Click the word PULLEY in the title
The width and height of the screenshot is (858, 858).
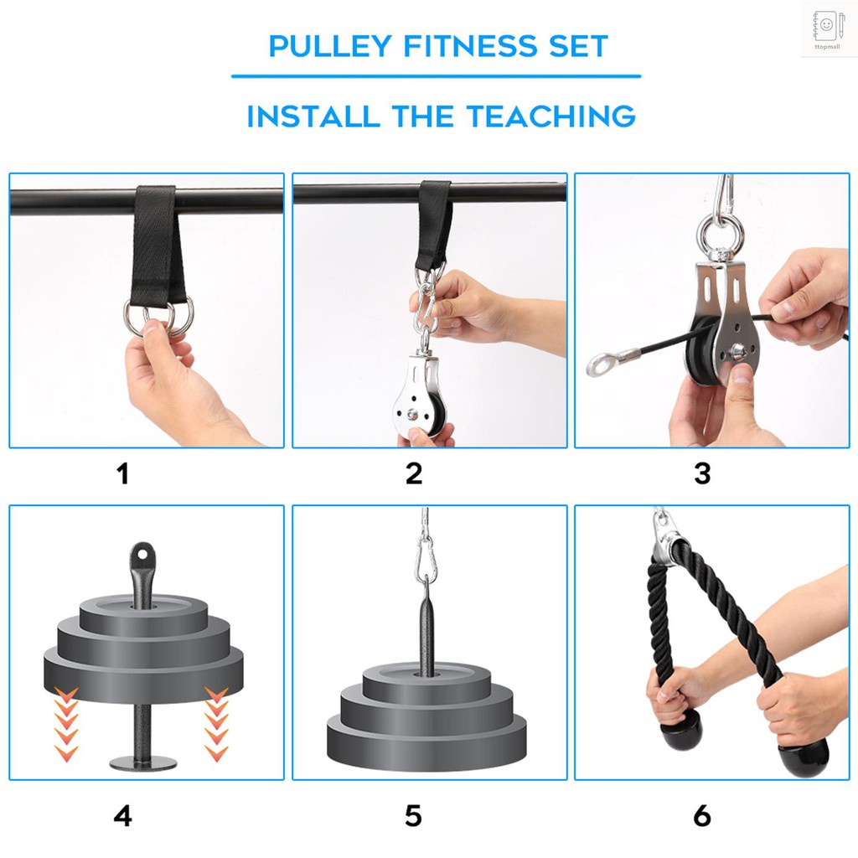pyautogui.click(x=329, y=46)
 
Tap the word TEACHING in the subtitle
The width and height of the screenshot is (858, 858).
pyautogui.click(x=550, y=116)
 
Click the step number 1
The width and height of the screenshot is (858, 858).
pyautogui.click(x=123, y=474)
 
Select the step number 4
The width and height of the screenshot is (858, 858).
pyautogui.click(x=123, y=815)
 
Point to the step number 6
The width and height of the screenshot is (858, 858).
pyautogui.click(x=702, y=815)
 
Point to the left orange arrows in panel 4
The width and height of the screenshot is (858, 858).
pyautogui.click(x=65, y=722)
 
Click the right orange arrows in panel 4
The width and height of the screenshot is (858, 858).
pyautogui.click(x=216, y=722)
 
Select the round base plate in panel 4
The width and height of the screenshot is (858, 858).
pyautogui.click(x=143, y=763)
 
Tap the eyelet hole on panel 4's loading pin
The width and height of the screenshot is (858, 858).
pyautogui.click(x=143, y=552)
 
